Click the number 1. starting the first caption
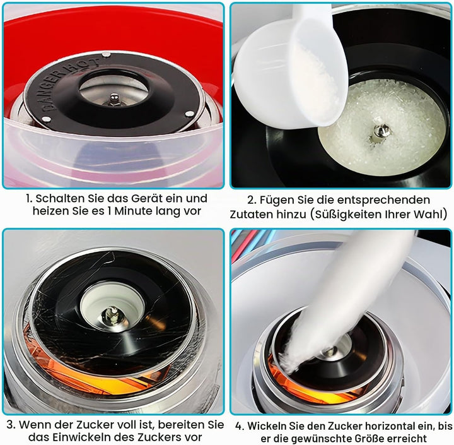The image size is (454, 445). coord(29,199)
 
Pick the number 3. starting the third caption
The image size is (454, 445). coord(11,425)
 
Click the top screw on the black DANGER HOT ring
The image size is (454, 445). coord(107,54)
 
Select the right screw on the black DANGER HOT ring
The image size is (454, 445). coord(189,114)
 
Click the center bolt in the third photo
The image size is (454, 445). coord(112,316)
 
